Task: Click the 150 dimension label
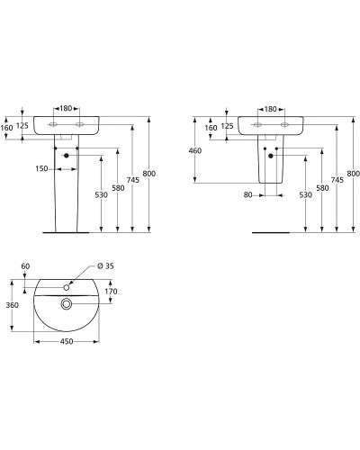point(40,167)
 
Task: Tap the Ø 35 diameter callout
point(106,267)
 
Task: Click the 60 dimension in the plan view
point(24,267)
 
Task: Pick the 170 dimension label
point(112,291)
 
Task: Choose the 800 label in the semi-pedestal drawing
point(353,173)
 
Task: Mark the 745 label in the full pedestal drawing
point(133,179)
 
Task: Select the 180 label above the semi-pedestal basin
point(270,109)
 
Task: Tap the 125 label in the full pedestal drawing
point(22,126)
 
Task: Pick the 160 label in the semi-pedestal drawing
point(211,128)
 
